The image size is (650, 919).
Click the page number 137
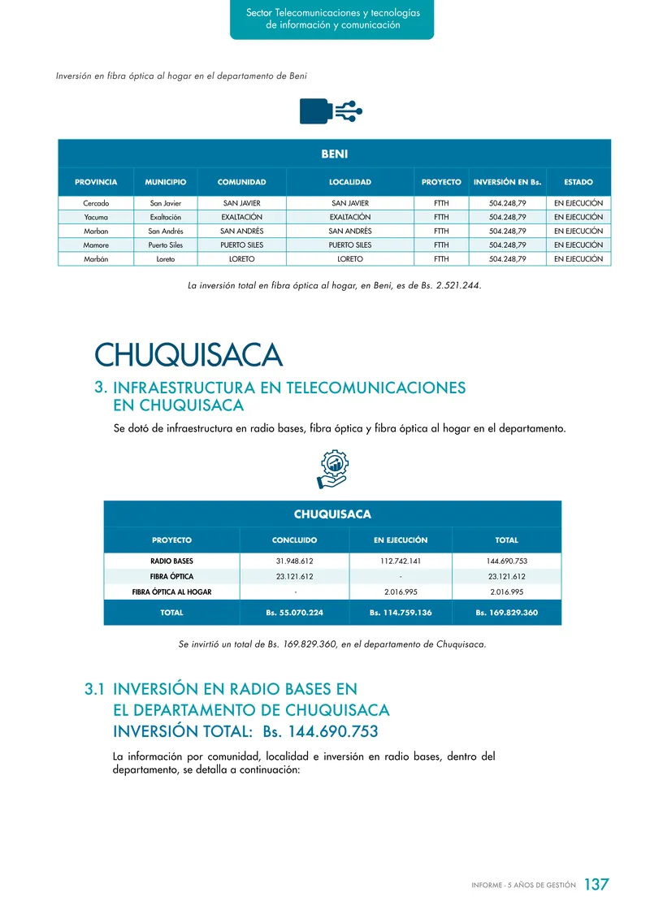point(596,884)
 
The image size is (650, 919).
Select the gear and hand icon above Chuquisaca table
point(332,470)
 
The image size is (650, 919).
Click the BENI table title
point(334,153)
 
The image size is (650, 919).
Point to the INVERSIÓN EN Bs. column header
point(508,182)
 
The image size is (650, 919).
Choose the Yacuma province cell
point(96,217)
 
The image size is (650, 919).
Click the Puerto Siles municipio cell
point(166,245)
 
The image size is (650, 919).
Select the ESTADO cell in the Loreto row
point(578,258)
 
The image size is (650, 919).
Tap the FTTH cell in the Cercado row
point(441,203)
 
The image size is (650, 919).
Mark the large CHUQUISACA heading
point(188,355)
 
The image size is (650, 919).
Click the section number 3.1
point(94,689)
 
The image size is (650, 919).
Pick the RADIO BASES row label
point(171,561)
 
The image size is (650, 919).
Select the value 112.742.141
point(401,561)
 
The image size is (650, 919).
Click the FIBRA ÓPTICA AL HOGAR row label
point(171,592)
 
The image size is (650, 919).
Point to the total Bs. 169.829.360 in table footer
point(506,612)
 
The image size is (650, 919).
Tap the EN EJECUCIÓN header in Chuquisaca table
point(401,540)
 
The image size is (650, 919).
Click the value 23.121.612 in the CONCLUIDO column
point(294,577)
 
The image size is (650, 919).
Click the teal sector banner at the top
point(331,19)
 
